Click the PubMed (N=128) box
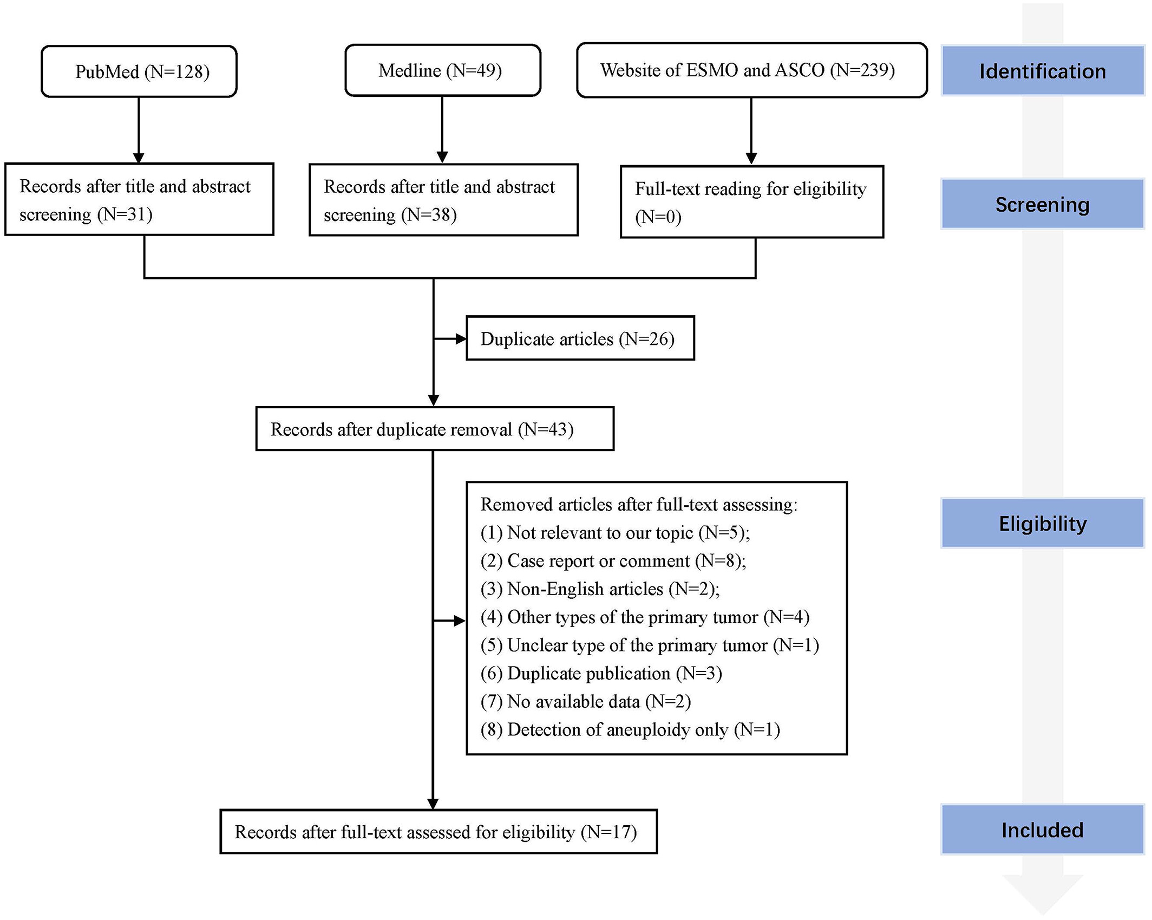pos(139,71)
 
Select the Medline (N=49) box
pos(443,70)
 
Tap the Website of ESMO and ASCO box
pos(752,70)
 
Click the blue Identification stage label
pos(1043,71)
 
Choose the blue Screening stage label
pos(1043,204)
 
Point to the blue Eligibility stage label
pos(1043,523)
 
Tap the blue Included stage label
pos(1043,830)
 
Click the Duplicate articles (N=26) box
pos(580,338)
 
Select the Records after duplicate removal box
pos(435,429)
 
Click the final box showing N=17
pos(438,832)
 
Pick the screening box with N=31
pos(139,199)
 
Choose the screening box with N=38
pos(443,200)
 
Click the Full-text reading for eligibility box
pos(752,202)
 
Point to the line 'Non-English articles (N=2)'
pos(600,589)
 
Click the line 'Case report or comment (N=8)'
pos(613,560)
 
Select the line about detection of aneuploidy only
pos(630,729)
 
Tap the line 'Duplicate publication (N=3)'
pos(601,673)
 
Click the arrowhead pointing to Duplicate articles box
pos(461,339)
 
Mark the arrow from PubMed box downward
pos(139,130)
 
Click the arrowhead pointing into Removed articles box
pos(460,621)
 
